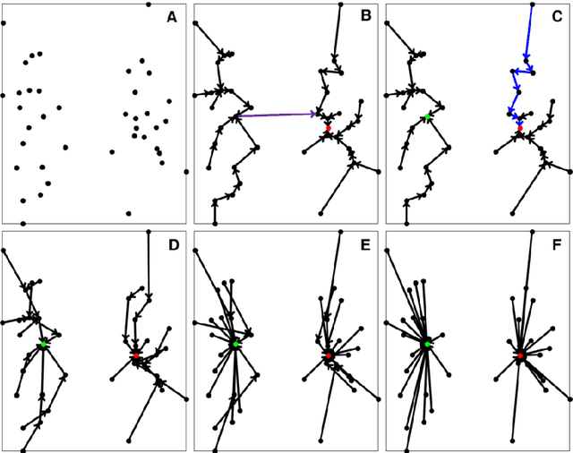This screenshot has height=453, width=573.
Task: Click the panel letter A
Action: pyautogui.click(x=172, y=15)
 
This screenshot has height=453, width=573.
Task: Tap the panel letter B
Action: pyautogui.click(x=365, y=15)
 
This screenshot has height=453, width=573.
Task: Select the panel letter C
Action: pyautogui.click(x=556, y=15)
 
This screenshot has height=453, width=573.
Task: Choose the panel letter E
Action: pyautogui.click(x=365, y=243)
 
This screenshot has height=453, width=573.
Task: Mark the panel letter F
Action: pyautogui.click(x=556, y=243)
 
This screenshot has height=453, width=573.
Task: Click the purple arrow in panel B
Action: pyautogui.click(x=278, y=115)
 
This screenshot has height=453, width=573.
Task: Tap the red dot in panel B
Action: pyautogui.click(x=329, y=129)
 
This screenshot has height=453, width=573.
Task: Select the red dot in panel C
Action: pyautogui.click(x=519, y=129)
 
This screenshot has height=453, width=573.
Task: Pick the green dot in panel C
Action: pyautogui.click(x=428, y=117)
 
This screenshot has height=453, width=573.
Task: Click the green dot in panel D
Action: pyautogui.click(x=43, y=345)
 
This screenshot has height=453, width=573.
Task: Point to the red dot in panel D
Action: pyautogui.click(x=136, y=355)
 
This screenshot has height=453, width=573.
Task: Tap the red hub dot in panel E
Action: pyautogui.click(x=329, y=355)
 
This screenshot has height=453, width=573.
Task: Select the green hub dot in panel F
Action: pyautogui.click(x=427, y=345)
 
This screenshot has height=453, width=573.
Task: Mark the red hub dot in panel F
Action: pyautogui.click(x=519, y=355)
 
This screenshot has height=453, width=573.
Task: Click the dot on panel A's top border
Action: pyautogui.click(x=149, y=4)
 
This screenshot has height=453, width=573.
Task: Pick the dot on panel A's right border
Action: pyautogui.click(x=185, y=171)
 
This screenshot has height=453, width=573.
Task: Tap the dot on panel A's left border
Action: pyautogui.click(x=4, y=93)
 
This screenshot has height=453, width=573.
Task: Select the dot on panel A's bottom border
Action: pyautogui.click(x=23, y=223)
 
